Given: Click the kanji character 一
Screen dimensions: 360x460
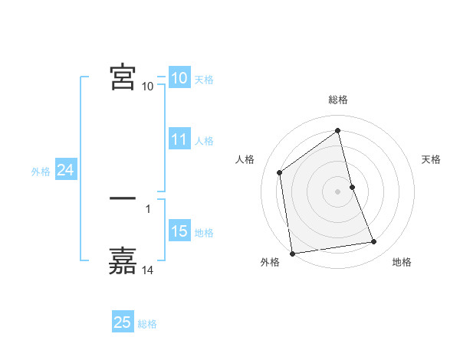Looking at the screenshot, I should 123,200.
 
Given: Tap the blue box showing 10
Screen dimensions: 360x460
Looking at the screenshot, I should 179,78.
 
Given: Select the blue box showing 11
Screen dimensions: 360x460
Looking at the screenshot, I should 179,139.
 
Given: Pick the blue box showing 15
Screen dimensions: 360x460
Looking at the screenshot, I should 179,231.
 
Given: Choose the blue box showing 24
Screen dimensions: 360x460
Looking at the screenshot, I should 66,171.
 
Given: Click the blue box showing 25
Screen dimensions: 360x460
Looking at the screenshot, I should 123,322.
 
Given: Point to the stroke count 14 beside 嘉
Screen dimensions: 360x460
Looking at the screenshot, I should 148,270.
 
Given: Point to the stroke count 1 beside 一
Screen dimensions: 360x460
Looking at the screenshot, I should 147,208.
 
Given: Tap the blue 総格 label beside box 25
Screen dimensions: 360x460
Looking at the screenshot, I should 147,324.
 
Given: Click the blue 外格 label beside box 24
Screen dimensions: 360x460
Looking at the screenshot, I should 41,172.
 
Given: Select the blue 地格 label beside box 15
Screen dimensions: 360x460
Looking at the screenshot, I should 204,233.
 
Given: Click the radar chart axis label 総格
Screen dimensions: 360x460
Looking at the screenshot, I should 338,100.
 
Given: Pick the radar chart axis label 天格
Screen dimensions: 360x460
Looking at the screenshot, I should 432,159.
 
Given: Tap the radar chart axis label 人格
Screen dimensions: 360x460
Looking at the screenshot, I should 245,159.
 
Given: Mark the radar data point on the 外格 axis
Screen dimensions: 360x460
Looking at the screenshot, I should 292,253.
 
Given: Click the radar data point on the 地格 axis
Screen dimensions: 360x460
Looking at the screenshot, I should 374,242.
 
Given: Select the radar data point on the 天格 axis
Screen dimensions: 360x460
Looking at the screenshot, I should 352,187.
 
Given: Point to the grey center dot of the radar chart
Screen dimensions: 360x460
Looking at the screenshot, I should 337,191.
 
